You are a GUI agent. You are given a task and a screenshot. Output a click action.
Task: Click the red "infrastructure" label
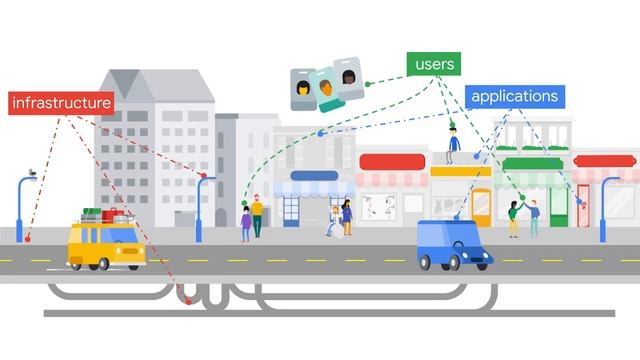tap(61, 103)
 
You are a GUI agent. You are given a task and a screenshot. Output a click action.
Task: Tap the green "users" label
tap(433, 64)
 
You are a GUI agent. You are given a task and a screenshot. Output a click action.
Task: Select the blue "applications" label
tap(514, 97)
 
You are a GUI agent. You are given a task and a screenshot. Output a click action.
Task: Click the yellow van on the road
tap(106, 245)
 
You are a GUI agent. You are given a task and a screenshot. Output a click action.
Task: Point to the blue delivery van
tap(453, 245)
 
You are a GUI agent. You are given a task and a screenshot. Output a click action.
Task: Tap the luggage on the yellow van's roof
tap(104, 214)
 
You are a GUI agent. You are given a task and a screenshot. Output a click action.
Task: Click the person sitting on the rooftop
tap(454, 145)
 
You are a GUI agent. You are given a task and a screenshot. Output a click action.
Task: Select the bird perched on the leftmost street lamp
tap(31, 173)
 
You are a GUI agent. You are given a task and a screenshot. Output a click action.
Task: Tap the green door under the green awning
tap(558, 206)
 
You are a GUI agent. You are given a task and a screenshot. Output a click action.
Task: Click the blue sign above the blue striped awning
tap(314, 176)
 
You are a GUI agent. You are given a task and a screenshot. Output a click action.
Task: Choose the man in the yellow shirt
tap(257, 215)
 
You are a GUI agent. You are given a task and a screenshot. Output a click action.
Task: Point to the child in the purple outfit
tap(246, 224)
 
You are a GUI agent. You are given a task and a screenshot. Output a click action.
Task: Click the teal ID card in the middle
tap(325, 88)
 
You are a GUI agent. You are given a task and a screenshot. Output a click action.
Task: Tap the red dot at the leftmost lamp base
tap(28, 239)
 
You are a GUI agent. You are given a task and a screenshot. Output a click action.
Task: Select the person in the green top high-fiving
tap(514, 216)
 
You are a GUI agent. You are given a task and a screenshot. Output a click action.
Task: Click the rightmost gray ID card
tap(348, 78)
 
